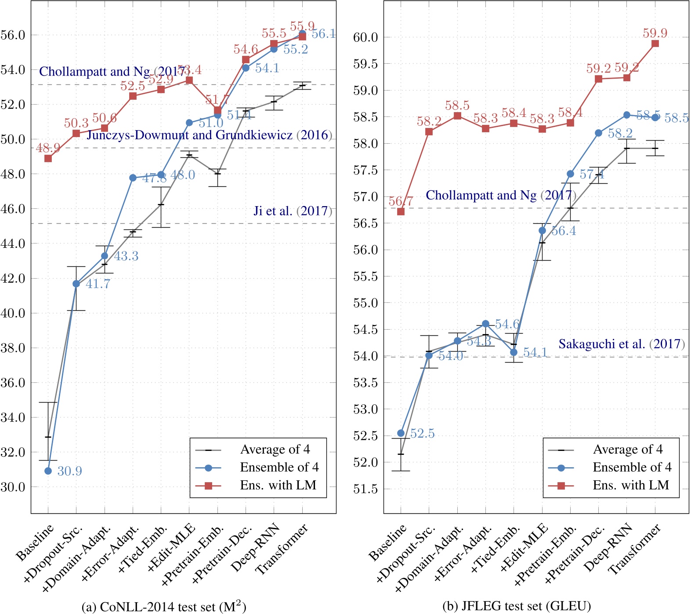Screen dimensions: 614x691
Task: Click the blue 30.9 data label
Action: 69,471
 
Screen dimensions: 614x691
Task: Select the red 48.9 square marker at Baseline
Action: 48,158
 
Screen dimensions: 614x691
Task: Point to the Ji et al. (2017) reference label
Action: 293,211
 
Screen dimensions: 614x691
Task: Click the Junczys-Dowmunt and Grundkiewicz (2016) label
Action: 209,135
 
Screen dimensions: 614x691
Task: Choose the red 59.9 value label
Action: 655,33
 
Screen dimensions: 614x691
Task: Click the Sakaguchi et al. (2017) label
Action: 621,344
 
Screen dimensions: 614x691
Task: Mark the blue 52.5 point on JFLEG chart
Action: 401,433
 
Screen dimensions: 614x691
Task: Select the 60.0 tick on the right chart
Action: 365,37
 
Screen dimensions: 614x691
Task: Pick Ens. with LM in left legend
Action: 278,485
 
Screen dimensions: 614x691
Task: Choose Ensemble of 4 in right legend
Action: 632,467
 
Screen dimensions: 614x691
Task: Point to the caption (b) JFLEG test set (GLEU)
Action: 516,607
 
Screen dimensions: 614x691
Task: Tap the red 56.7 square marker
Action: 401,211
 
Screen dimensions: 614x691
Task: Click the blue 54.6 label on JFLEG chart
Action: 507,324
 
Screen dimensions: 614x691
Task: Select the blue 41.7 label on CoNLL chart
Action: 98,284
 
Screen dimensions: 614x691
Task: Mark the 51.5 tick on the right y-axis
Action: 365,489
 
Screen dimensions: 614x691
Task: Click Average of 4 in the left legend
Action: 275,450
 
